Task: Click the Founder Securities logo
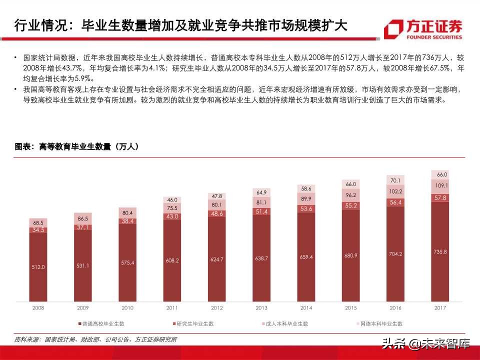pyautogui.click(x=423, y=29)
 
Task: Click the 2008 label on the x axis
pyautogui.click(x=38, y=308)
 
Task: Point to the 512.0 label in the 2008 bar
pyautogui.click(x=38, y=267)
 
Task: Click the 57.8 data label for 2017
pyautogui.click(x=439, y=198)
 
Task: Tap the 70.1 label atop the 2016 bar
pyautogui.click(x=395, y=180)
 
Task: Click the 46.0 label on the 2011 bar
pyautogui.click(x=172, y=200)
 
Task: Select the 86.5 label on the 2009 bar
pyautogui.click(x=83, y=219)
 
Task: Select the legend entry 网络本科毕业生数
pyautogui.click(x=380, y=324)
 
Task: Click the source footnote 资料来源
pyautogui.click(x=95, y=339)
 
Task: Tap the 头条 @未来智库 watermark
pyautogui.click(x=425, y=343)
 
